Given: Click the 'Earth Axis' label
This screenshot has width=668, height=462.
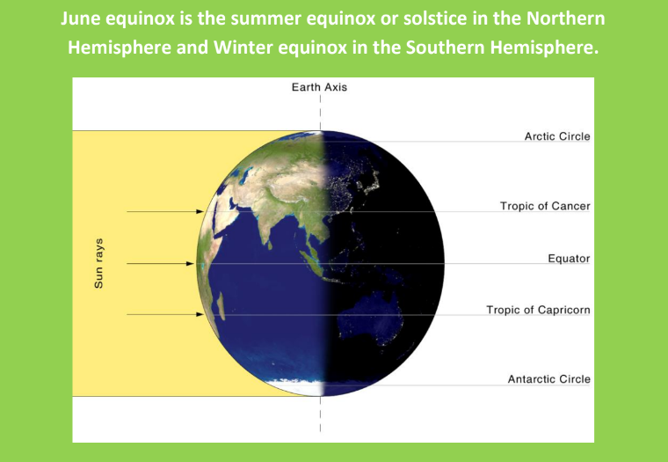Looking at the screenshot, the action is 319,87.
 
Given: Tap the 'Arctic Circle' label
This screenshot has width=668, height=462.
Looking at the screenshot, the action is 557,136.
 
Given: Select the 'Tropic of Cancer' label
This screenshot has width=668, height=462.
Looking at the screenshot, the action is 545,207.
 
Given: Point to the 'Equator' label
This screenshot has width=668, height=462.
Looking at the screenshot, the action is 569,259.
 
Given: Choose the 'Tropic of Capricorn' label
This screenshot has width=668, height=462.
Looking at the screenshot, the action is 539,310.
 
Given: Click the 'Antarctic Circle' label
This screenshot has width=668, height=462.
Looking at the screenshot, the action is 548,378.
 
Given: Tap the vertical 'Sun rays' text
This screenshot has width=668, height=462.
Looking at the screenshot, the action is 98,263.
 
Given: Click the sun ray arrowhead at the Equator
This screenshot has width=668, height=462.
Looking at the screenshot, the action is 190,264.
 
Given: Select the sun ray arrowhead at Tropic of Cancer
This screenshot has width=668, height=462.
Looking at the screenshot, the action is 200,211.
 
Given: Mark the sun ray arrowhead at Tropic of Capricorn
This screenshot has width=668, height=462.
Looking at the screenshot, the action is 200,314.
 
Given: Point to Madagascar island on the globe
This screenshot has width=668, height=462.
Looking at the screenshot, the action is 221,306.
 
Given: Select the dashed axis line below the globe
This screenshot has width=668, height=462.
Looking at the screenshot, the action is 320,414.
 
